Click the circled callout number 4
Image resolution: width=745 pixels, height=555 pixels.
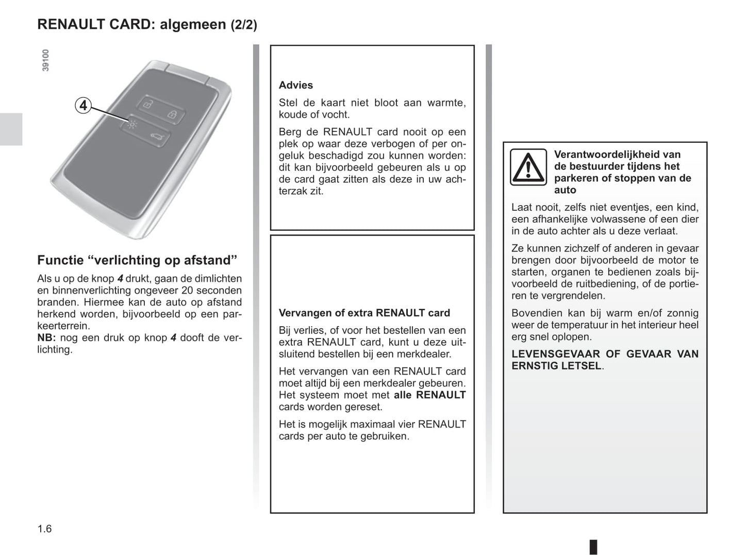(83, 106)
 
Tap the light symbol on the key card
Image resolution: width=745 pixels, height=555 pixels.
(133, 124)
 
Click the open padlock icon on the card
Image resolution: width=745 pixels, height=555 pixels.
(147, 104)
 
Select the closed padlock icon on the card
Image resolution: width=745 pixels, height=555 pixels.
(173, 114)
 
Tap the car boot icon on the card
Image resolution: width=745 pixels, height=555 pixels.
(156, 137)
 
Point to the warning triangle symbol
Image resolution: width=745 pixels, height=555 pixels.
(528, 167)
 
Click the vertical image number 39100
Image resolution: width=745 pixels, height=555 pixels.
(45, 60)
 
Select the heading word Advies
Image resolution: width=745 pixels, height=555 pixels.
(295, 85)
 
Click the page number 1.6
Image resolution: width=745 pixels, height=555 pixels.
(44, 529)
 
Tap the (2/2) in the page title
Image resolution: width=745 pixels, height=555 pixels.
(243, 25)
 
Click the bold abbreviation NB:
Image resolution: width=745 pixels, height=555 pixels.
(46, 338)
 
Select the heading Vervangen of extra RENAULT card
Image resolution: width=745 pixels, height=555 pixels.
(364, 313)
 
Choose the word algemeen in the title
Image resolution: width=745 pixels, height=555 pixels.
(193, 24)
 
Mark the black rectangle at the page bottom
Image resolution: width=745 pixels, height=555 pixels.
(593, 546)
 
